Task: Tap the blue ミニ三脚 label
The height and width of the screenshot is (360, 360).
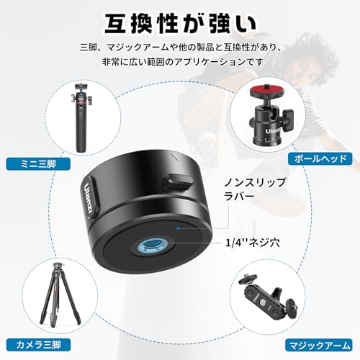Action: tap(38, 164)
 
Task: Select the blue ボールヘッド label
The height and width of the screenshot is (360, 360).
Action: tap(320, 159)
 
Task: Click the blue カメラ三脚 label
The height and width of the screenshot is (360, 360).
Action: tap(38, 345)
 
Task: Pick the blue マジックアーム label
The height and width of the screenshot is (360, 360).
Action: tap(319, 346)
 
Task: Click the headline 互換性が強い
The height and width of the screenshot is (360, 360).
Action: tap(181, 24)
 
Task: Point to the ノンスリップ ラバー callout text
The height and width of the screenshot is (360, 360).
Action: tap(255, 189)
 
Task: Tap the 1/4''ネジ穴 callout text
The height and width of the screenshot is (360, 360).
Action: tap(253, 243)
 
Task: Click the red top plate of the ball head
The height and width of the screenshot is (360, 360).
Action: tap(267, 91)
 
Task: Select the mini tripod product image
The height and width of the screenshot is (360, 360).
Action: tap(81, 117)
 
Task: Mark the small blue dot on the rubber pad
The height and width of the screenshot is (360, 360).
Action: tap(178, 228)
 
